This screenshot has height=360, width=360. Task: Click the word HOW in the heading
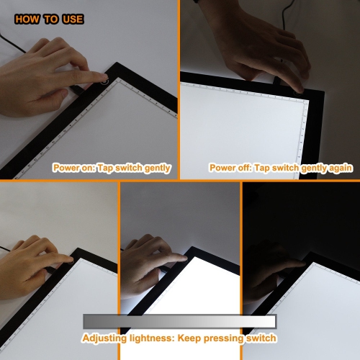[27, 19]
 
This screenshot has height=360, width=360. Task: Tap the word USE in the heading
[71, 19]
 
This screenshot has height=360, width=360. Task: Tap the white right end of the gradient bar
[269, 321]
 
